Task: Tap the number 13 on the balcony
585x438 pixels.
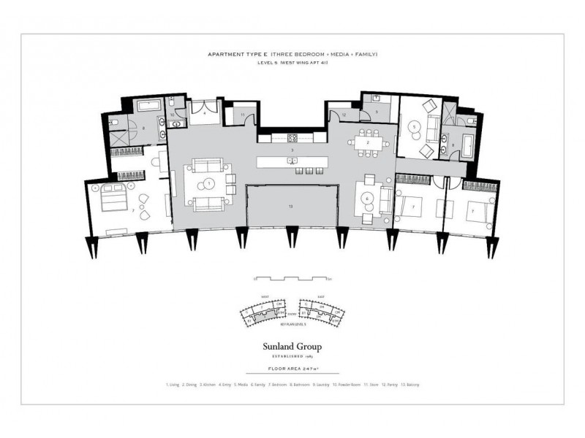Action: click(291, 207)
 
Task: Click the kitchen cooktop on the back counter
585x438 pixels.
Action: click(292, 137)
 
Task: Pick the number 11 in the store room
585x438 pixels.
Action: click(243, 115)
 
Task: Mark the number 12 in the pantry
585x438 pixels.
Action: click(343, 115)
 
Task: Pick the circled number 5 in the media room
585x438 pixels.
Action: click(414, 126)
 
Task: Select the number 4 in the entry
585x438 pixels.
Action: click(204, 115)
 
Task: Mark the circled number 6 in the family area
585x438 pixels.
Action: click(367, 198)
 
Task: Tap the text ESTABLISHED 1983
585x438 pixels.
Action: click(292, 357)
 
